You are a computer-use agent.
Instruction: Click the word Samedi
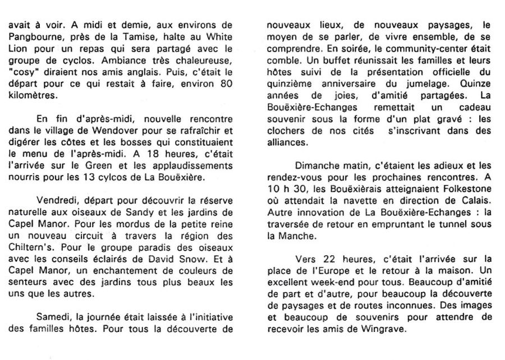pyautogui.click(x=52, y=319)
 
